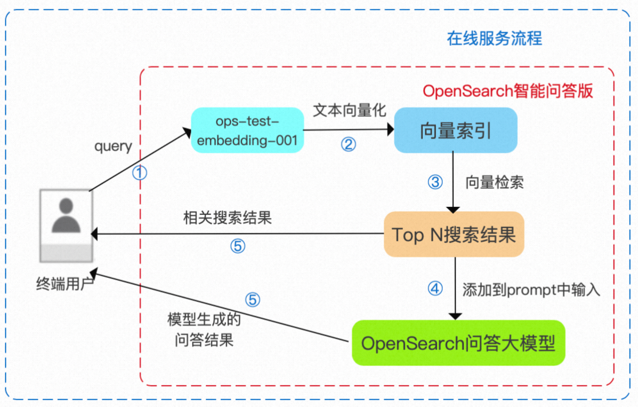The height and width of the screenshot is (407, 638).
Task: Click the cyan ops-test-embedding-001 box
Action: [247, 131]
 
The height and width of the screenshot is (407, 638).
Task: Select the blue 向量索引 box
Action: [456, 131]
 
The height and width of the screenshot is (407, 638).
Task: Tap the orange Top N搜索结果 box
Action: [454, 234]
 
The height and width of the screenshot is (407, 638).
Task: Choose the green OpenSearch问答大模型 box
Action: [458, 343]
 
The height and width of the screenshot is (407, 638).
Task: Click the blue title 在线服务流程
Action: [494, 38]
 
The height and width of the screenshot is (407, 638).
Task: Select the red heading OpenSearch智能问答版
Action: [508, 91]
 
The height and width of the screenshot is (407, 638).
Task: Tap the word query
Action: [113, 146]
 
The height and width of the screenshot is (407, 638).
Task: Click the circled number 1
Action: [140, 173]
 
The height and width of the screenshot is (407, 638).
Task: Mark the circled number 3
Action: [435, 182]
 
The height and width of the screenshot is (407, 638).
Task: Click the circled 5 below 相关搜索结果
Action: [237, 246]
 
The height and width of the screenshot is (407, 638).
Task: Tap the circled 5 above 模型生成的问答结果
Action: [252, 299]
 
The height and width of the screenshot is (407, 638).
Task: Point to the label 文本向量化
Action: [350, 111]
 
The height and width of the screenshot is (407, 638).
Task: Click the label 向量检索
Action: [494, 182]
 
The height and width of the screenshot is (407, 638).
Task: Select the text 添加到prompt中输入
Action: [531, 290]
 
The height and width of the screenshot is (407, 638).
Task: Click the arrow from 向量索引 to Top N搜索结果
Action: [454, 182]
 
